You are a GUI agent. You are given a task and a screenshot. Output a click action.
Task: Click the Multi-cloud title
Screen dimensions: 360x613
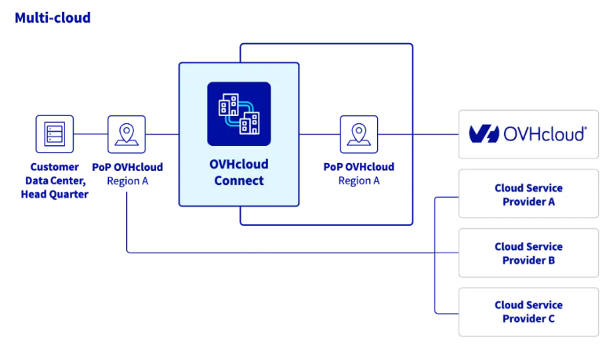[53, 17]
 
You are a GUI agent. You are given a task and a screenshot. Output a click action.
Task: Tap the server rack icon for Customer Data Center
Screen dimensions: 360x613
[54, 134]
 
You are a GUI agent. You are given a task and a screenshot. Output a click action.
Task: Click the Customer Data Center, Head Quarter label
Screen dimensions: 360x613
[54, 180]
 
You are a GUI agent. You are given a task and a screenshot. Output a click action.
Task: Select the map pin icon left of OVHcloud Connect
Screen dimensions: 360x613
[126, 134]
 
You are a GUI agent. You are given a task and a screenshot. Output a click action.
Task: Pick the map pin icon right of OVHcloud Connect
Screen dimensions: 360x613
[358, 134]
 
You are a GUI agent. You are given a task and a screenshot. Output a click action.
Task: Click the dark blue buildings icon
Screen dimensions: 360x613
[238, 114]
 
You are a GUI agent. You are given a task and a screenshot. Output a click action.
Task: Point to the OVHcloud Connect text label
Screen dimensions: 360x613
[238, 173]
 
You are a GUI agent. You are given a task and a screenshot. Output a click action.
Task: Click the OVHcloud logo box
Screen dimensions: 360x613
[528, 134]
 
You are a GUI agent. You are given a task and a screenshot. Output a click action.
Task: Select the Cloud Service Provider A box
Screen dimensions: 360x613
[528, 195]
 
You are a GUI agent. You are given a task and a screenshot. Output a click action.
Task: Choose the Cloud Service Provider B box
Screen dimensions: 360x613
[528, 253]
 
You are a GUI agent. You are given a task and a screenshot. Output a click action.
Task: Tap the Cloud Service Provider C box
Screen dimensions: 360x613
[528, 311]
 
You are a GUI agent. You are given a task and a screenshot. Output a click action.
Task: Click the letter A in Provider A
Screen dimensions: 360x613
[551, 202]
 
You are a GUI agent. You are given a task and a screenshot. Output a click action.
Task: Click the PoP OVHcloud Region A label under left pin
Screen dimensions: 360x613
[126, 173]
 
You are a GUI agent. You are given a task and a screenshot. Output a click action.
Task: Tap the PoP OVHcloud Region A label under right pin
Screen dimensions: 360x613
[358, 173]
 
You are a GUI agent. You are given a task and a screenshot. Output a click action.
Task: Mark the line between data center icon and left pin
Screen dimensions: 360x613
[90, 134]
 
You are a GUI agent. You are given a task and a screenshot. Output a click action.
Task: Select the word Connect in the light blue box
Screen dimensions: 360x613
[238, 180]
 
